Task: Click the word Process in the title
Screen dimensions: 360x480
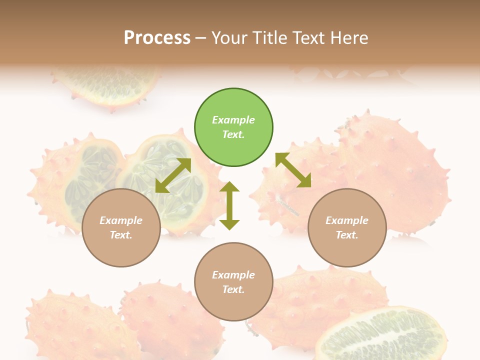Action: [x=157, y=38]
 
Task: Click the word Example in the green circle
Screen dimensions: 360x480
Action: [x=233, y=120]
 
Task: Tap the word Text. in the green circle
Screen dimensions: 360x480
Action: [x=233, y=134]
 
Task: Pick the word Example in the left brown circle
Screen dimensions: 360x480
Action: [x=121, y=220]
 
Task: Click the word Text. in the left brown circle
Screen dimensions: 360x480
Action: [x=121, y=235]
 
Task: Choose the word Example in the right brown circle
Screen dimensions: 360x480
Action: [x=347, y=220]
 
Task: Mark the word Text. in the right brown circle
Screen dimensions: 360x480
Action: [x=347, y=235]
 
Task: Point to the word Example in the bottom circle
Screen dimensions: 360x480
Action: [x=233, y=275]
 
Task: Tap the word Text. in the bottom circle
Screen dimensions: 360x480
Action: [x=233, y=289]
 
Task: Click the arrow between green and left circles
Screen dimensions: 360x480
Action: [x=173, y=175]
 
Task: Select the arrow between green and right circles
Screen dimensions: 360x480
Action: [x=293, y=170]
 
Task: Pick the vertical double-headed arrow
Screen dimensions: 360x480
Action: [x=229, y=205]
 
